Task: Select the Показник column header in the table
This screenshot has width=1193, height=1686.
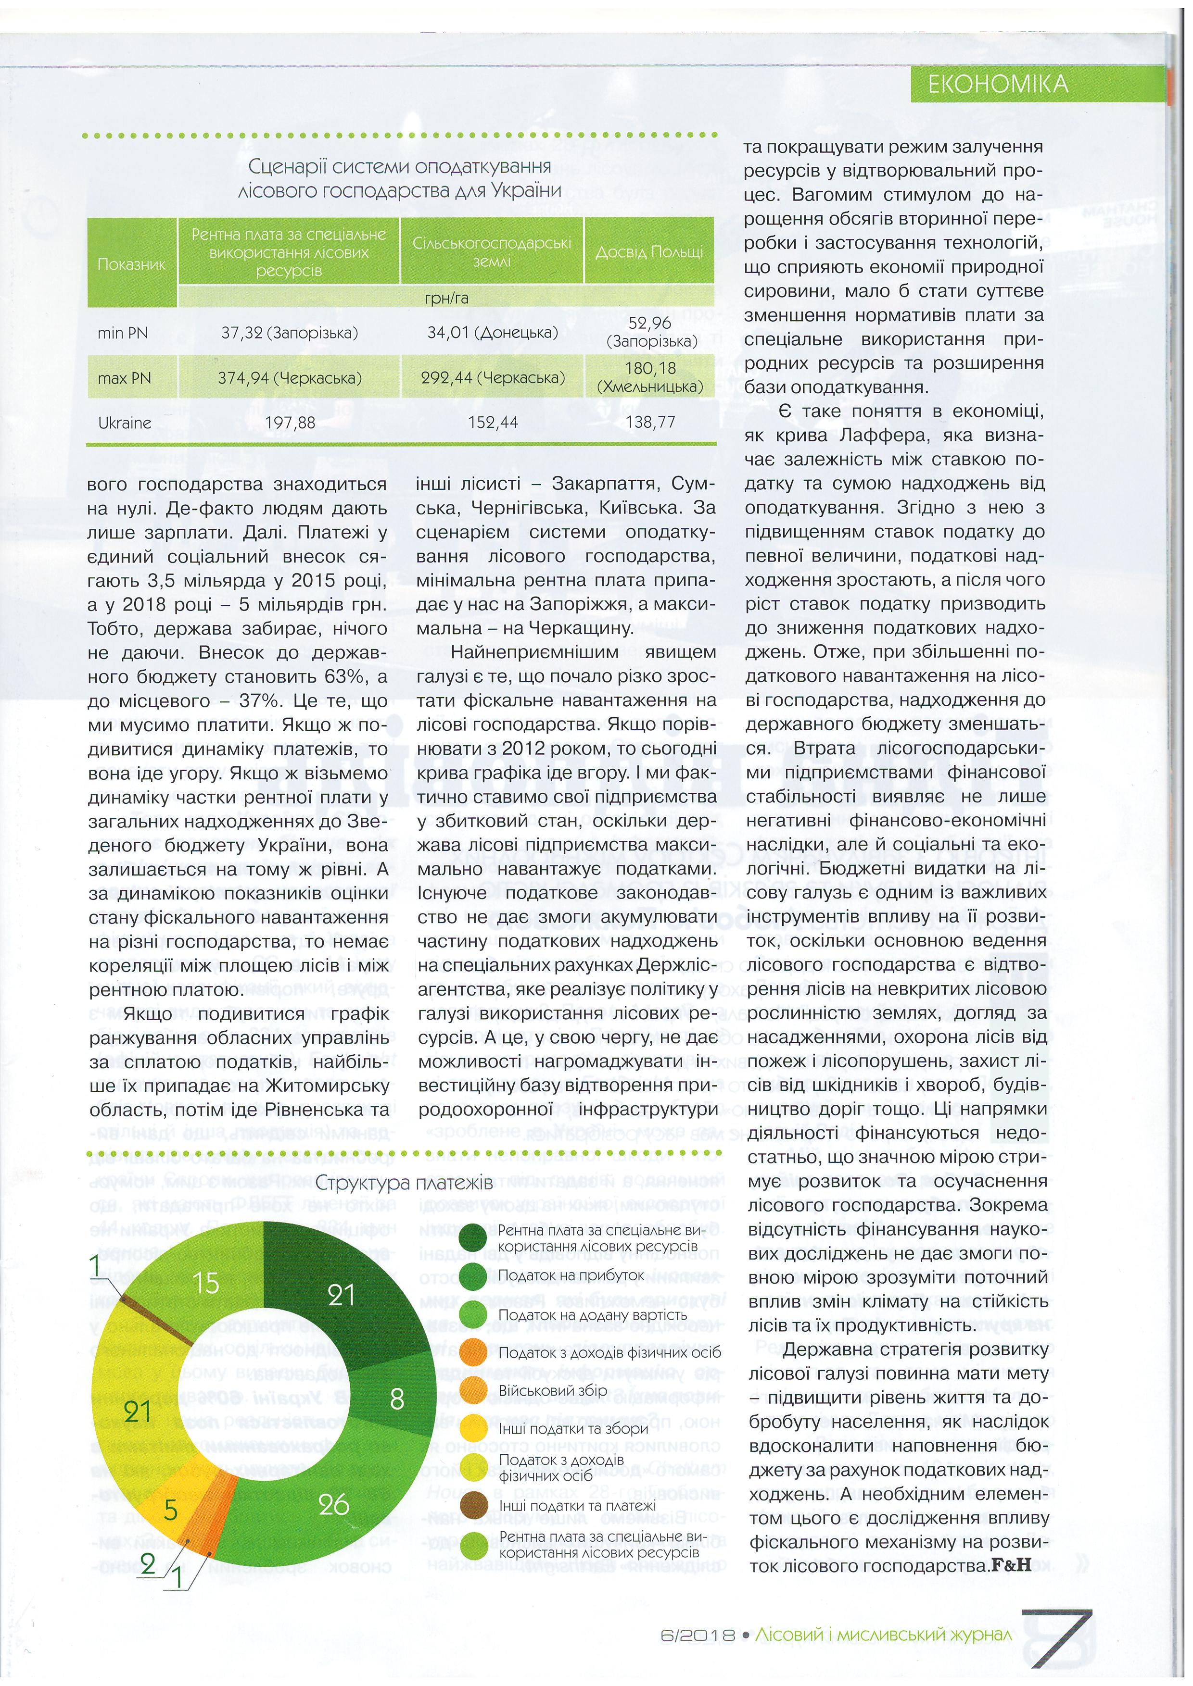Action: click(131, 264)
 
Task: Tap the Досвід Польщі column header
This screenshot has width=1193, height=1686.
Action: click(648, 252)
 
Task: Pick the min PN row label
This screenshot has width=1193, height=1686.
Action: click(123, 333)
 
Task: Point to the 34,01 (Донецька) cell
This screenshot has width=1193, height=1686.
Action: click(492, 333)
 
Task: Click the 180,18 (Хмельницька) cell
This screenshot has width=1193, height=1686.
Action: click(649, 377)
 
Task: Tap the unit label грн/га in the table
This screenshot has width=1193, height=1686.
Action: click(446, 298)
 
